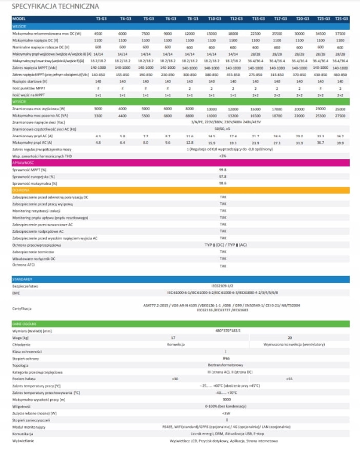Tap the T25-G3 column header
click(340, 19)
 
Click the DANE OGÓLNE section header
click(24, 323)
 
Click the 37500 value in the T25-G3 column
click(340, 33)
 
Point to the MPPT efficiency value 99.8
click(222, 169)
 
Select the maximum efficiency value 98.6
click(222, 184)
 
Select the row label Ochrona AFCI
click(23, 265)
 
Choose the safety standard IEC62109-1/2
click(223, 287)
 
